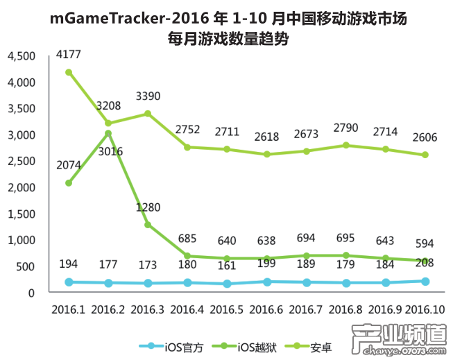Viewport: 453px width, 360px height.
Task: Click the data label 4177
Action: click(x=68, y=53)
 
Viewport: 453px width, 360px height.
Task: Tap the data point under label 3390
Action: click(x=147, y=114)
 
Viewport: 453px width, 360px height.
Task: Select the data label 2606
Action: click(x=424, y=137)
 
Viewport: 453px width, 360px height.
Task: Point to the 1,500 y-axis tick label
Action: click(x=22, y=214)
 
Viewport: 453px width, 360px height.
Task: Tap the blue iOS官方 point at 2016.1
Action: click(x=68, y=282)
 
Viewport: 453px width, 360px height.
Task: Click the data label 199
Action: click(x=266, y=264)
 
